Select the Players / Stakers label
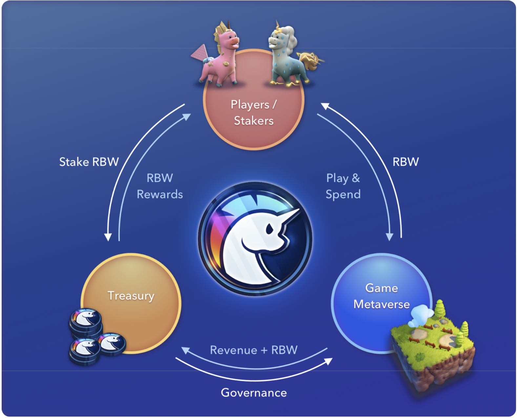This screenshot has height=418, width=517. pyautogui.click(x=254, y=113)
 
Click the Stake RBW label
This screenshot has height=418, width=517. pyautogui.click(x=89, y=162)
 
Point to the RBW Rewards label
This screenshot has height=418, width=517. pyautogui.click(x=160, y=186)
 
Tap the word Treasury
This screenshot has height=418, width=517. pyautogui.click(x=131, y=296)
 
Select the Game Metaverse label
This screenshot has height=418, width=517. pyautogui.click(x=382, y=296)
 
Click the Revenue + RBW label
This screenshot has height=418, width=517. pyautogui.click(x=254, y=350)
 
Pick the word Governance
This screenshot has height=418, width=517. pyautogui.click(x=254, y=393)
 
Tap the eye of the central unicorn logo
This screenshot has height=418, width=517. pyautogui.click(x=270, y=229)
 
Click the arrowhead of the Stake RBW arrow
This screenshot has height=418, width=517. pyautogui.click(x=108, y=237)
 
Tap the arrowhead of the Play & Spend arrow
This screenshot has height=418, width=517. pyautogui.click(x=389, y=237)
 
